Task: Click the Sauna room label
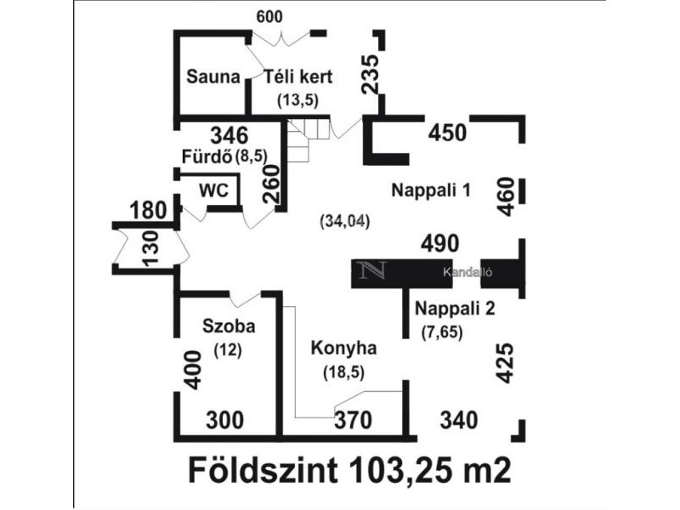click(213, 76)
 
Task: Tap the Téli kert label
click(298, 76)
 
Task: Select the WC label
click(214, 190)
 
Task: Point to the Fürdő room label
click(207, 156)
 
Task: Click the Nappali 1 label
click(431, 190)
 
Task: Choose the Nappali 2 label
click(455, 309)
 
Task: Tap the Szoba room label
click(229, 326)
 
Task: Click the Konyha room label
click(343, 348)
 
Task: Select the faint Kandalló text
click(467, 272)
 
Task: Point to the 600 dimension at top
click(269, 17)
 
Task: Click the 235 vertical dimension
click(371, 74)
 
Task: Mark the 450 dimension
click(448, 133)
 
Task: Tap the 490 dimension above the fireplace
click(439, 244)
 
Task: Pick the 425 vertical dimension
click(505, 363)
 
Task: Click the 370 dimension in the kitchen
click(353, 420)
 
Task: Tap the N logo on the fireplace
click(371, 270)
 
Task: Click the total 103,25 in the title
click(401, 470)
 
